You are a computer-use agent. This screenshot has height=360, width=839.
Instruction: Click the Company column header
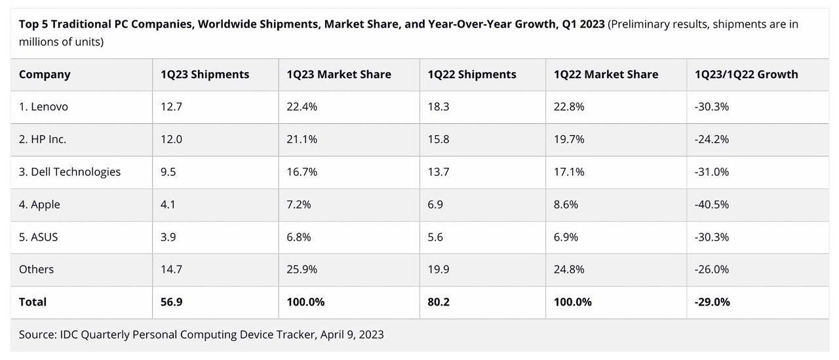pyautogui.click(x=45, y=74)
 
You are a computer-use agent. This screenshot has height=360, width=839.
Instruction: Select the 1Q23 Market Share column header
pyautogui.click(x=339, y=74)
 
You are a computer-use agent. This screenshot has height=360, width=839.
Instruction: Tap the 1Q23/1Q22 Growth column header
pyautogui.click(x=746, y=74)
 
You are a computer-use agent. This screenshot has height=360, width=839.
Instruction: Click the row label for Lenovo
pyautogui.click(x=43, y=107)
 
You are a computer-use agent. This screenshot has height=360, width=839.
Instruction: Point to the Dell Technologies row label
pyautogui.click(x=69, y=172)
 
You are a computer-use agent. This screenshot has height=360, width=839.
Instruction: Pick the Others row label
pyautogui.click(x=37, y=270)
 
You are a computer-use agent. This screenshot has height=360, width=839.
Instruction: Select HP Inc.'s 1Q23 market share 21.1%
pyautogui.click(x=302, y=140)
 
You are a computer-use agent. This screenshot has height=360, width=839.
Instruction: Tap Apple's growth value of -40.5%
pyautogui.click(x=712, y=205)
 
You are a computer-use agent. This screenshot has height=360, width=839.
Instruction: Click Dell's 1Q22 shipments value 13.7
pyautogui.click(x=439, y=172)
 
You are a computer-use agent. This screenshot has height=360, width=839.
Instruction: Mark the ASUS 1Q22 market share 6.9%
pyautogui.click(x=566, y=237)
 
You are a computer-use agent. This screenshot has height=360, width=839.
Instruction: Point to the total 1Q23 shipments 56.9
pyautogui.click(x=172, y=302)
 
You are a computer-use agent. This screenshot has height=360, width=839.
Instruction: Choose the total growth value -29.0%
pyautogui.click(x=712, y=302)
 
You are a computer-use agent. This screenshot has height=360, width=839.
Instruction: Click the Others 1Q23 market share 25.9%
pyautogui.click(x=302, y=270)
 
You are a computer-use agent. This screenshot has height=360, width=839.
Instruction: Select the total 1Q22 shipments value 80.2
pyautogui.click(x=439, y=302)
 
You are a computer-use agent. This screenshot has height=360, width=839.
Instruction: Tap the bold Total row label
pyautogui.click(x=33, y=302)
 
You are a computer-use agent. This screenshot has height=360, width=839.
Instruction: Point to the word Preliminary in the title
pyautogui.click(x=641, y=24)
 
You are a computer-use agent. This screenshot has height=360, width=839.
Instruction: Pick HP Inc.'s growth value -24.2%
pyautogui.click(x=712, y=140)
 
